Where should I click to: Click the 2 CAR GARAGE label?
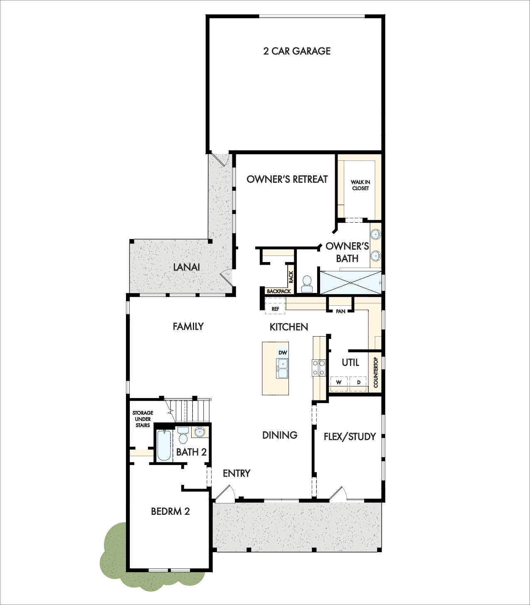297,51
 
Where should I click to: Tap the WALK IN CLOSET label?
360,185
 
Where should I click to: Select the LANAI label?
186,267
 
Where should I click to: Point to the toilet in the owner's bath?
307,284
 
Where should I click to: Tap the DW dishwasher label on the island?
283,353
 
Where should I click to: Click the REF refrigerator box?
275,306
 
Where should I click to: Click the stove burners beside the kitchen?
319,368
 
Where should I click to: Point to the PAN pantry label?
340,311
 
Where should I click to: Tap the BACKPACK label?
279,291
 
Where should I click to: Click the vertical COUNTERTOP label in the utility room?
376,372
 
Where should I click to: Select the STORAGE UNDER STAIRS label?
143,419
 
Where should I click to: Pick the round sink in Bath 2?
200,432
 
